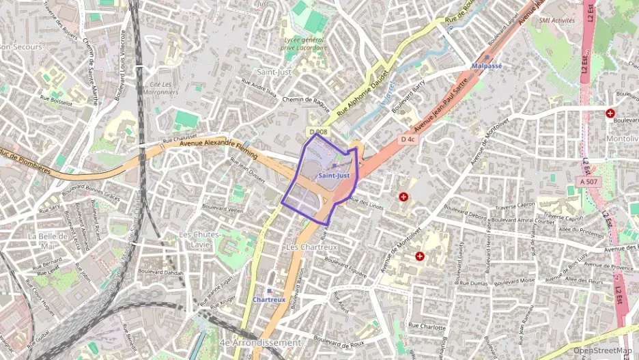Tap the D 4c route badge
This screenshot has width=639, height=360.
(x=408, y=139)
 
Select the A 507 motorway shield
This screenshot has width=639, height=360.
(x=588, y=182)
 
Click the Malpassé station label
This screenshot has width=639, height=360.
(x=487, y=66)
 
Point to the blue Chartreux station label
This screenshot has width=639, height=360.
(x=268, y=299)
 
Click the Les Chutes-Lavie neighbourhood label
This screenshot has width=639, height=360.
(x=199, y=239)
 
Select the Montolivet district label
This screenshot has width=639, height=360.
(x=621, y=139)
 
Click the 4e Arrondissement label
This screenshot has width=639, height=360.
(x=261, y=342)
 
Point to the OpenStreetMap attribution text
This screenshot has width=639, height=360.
(x=601, y=350)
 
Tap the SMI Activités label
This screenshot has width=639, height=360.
(x=556, y=20)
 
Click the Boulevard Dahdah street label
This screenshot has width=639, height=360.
(x=165, y=273)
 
